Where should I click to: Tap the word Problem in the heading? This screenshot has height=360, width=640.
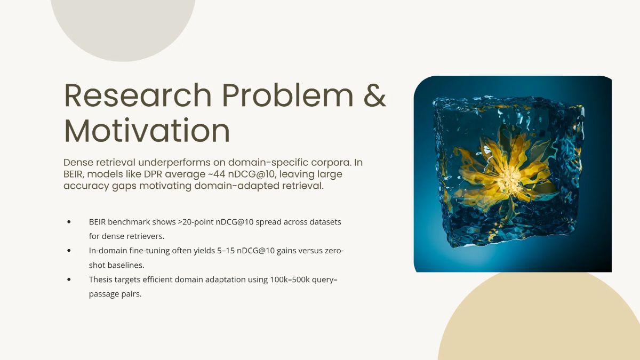coord(287,95)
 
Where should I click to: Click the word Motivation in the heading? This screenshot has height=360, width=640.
coord(147,131)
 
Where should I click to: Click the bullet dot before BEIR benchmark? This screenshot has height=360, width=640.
coord(69,221)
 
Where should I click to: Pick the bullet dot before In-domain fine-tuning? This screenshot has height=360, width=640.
coord(69,250)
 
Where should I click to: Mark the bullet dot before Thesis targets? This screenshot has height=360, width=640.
coord(69,279)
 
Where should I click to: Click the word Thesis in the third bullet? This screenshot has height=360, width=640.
coord(101,279)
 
